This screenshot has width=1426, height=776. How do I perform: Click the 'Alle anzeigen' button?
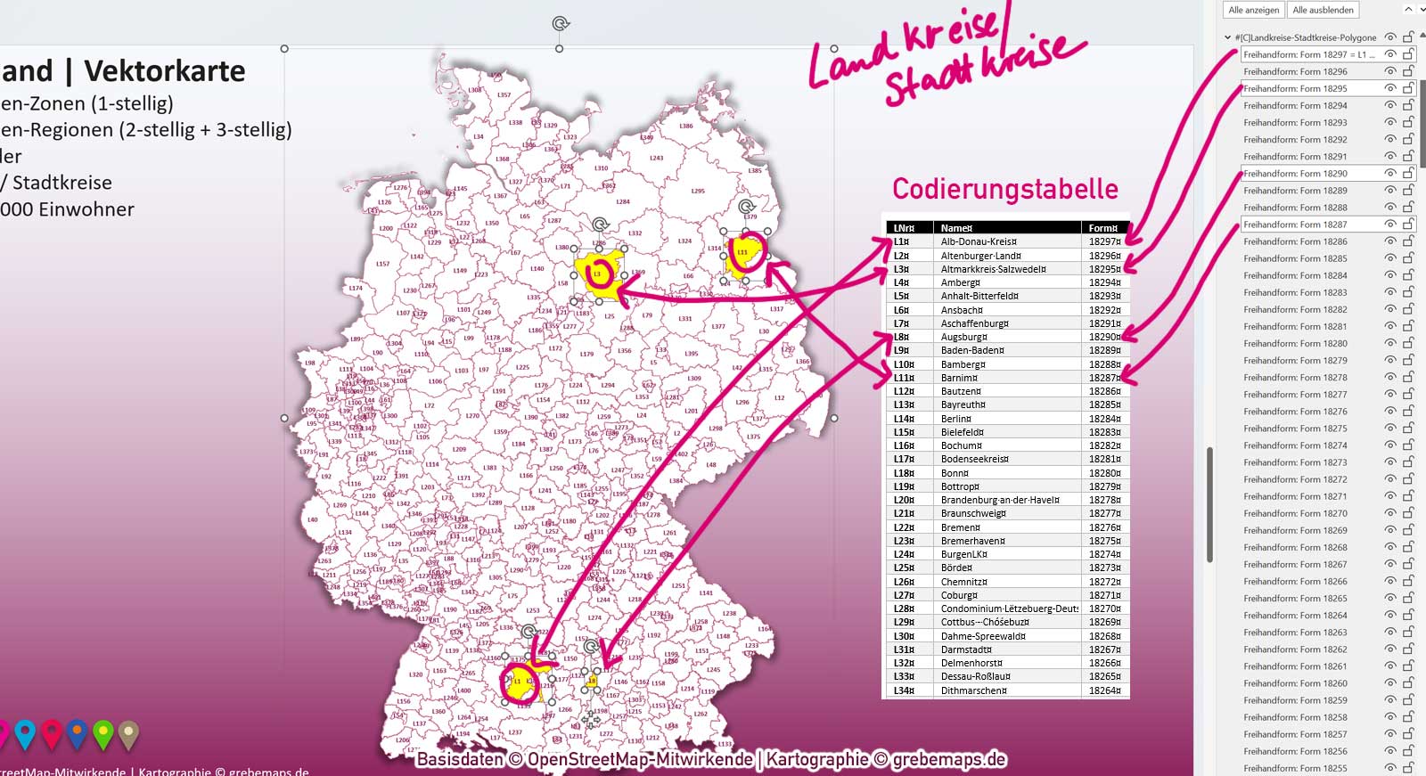[x=1253, y=10]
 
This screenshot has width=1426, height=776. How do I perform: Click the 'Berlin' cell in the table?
[x=956, y=419]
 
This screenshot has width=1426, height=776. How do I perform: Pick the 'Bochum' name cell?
[x=961, y=445]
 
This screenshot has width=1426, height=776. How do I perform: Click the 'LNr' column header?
[x=904, y=228]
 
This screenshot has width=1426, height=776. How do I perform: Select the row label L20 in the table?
[x=904, y=500]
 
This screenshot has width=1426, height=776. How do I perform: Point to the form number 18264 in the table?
[x=1104, y=690]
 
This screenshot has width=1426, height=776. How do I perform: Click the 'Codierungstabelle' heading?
[x=1004, y=189]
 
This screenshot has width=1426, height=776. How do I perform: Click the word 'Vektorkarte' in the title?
[x=165, y=71]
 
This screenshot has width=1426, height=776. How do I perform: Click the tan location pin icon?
[x=129, y=733]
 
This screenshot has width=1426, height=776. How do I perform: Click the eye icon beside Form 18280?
[x=1389, y=344]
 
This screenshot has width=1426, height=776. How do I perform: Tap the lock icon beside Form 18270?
[x=1408, y=514]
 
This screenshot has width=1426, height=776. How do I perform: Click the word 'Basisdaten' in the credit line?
[x=459, y=759]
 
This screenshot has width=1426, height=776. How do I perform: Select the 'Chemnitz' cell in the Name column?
[x=964, y=582]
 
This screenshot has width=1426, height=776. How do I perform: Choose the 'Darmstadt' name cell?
[x=966, y=649]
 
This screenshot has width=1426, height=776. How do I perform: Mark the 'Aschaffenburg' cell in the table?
[x=974, y=323]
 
